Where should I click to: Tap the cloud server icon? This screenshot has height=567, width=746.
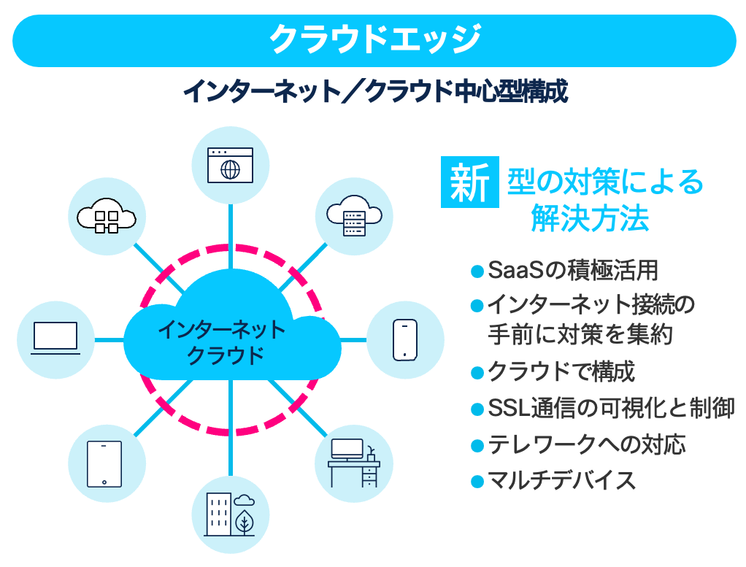[x=354, y=215]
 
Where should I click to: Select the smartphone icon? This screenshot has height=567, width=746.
[x=404, y=339]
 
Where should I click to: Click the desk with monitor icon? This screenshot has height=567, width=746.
[x=354, y=463]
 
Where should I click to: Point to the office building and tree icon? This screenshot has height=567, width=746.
[x=230, y=514]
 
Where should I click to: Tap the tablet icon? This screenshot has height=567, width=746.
[x=105, y=463]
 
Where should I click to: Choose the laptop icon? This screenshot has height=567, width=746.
[x=55, y=339]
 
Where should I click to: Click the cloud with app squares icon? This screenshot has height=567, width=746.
[x=107, y=216]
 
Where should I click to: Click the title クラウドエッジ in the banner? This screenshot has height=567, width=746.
[x=374, y=39]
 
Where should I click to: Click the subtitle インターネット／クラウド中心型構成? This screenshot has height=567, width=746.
[x=374, y=93]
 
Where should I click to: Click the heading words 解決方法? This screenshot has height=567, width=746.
[x=590, y=218]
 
